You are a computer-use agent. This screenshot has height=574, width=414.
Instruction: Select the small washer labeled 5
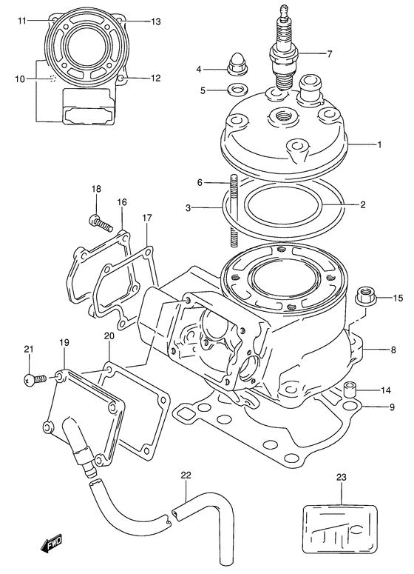click(x=236, y=91)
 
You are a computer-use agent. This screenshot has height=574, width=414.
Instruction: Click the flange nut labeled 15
click(x=364, y=298)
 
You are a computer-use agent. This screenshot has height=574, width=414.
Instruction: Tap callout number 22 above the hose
click(x=186, y=475)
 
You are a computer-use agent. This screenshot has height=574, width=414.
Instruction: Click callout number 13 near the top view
click(x=155, y=21)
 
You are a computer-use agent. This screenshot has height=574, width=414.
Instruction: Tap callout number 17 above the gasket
click(x=147, y=218)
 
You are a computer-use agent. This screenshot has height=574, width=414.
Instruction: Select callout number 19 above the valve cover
click(x=64, y=343)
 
